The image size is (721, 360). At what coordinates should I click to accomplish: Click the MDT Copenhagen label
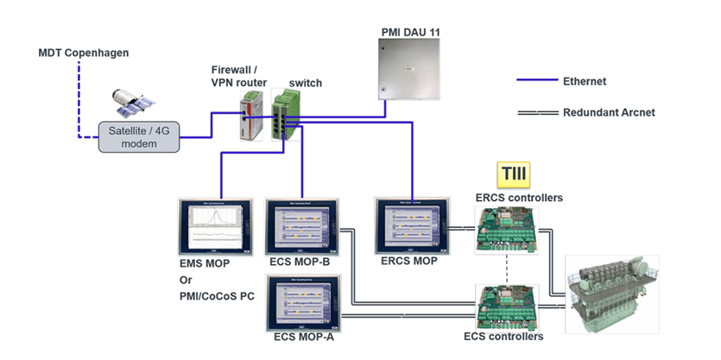pos(83,54)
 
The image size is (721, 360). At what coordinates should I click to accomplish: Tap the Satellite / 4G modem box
pos(139,137)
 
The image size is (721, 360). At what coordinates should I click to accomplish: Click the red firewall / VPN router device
pos(251,117)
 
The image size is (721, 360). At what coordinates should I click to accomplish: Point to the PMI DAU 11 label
pos(411,31)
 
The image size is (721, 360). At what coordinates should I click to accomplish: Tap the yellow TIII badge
pos(513,175)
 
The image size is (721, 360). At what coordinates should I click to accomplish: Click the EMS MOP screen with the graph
pos(216,226)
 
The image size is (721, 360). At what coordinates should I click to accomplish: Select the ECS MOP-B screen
pos(301,226)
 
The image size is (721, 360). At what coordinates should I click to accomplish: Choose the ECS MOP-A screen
pos(301,301)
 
